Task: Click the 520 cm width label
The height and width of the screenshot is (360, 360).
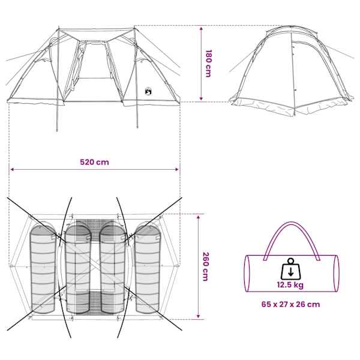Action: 94,162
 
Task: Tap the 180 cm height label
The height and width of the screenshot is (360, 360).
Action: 208,64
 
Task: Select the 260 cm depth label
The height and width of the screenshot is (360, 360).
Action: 205,266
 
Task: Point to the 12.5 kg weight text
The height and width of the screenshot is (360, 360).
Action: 290,285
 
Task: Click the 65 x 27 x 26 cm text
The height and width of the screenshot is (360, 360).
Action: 290,304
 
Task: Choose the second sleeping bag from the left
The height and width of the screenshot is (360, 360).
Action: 78,269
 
